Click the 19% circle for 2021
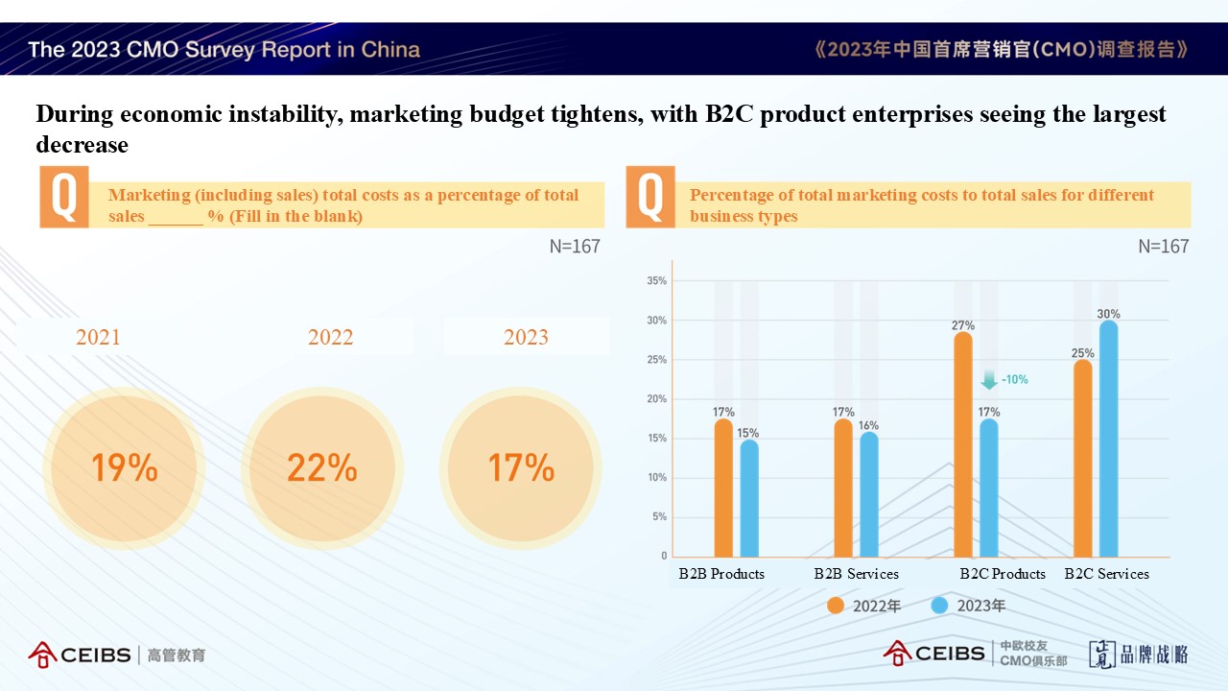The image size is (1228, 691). [124, 468]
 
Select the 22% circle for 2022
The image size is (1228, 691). [321, 468]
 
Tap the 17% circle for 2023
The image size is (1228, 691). [521, 468]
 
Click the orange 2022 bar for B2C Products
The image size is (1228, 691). [963, 445]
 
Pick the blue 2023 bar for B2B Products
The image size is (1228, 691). [748, 499]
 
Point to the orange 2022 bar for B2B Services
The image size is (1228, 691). [843, 488]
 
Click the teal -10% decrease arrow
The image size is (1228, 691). [989, 380]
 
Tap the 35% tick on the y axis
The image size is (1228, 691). [656, 281]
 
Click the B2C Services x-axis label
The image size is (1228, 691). [1106, 574]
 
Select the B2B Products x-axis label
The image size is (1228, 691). [721, 574]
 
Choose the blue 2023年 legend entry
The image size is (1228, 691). [968, 606]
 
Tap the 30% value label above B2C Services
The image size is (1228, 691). [1108, 314]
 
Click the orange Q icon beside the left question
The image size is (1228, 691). [63, 197]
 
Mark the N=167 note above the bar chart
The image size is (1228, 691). [1163, 247]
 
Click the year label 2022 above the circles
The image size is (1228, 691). [330, 337]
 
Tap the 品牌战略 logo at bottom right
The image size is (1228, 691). [1139, 655]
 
